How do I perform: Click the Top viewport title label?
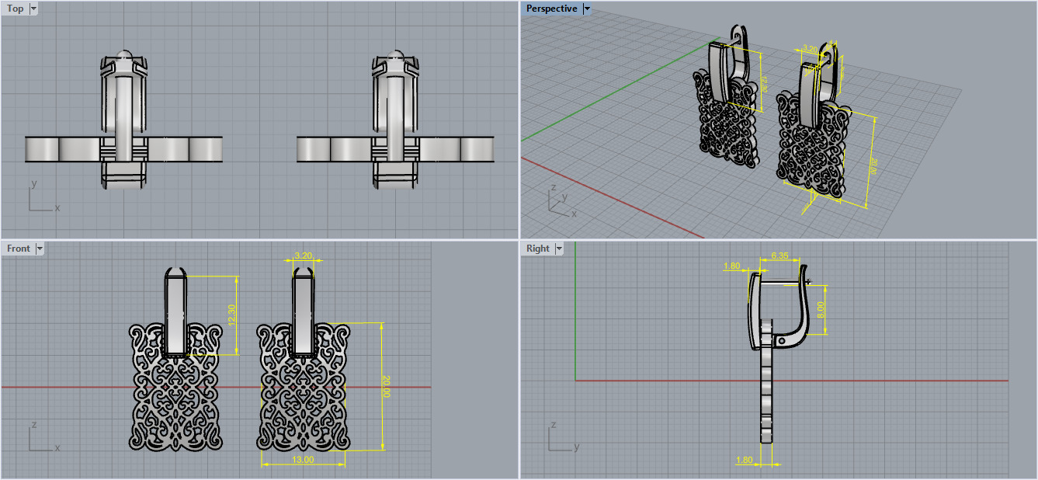click(x=15, y=9)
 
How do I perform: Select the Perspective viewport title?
click(x=551, y=9)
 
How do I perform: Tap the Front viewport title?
click(x=18, y=249)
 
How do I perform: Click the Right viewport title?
click(x=537, y=249)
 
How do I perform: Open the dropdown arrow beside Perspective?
click(x=587, y=9)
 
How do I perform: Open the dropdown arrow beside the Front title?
click(x=40, y=249)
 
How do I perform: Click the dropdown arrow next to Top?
click(x=33, y=9)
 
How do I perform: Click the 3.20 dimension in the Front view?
click(x=304, y=255)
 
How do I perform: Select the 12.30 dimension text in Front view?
click(x=230, y=314)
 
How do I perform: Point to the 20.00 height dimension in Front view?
click(x=386, y=386)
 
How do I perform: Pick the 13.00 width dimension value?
click(x=303, y=460)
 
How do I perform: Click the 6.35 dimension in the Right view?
click(x=780, y=256)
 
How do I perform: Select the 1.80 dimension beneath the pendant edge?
click(x=744, y=461)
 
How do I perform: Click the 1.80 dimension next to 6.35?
click(x=731, y=266)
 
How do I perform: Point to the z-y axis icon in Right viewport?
click(x=561, y=438)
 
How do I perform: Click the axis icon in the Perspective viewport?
click(x=559, y=201)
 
